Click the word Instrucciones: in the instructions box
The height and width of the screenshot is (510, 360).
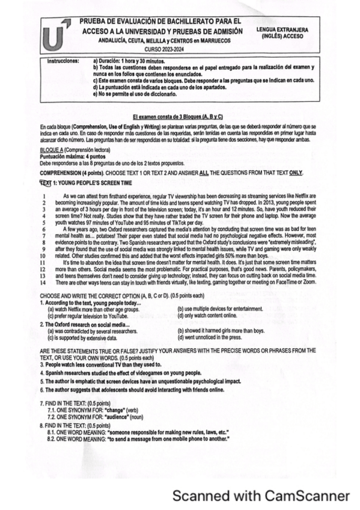click(x=63, y=61)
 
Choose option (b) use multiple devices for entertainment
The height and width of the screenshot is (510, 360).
click(x=221, y=309)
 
